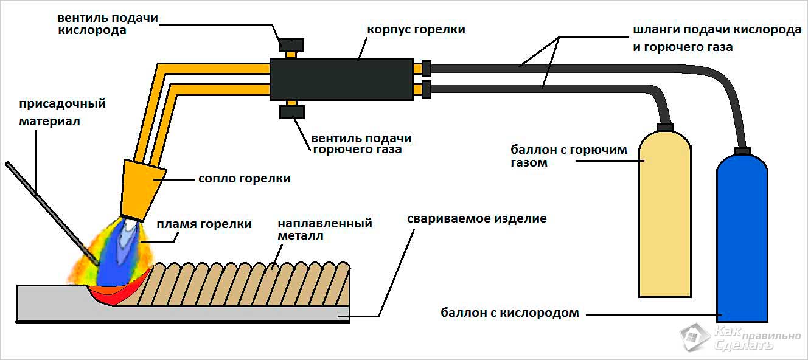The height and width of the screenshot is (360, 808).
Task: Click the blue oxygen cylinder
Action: (742, 243)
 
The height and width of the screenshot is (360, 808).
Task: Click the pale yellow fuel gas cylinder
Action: (664, 213)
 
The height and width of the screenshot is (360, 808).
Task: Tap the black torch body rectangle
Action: (341, 79)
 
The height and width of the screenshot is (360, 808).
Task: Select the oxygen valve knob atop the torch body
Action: (291, 45)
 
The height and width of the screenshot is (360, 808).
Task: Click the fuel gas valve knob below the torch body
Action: (291, 112)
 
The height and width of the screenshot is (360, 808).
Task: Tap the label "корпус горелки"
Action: (416, 29)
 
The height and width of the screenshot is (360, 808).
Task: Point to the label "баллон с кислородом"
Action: (510, 313)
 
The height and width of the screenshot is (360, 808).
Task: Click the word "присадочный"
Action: (62, 103)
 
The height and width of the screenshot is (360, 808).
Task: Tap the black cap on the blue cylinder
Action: (742, 151)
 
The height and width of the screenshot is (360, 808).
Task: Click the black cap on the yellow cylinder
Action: (665, 127)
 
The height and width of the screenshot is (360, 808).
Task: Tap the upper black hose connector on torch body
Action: (426, 67)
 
